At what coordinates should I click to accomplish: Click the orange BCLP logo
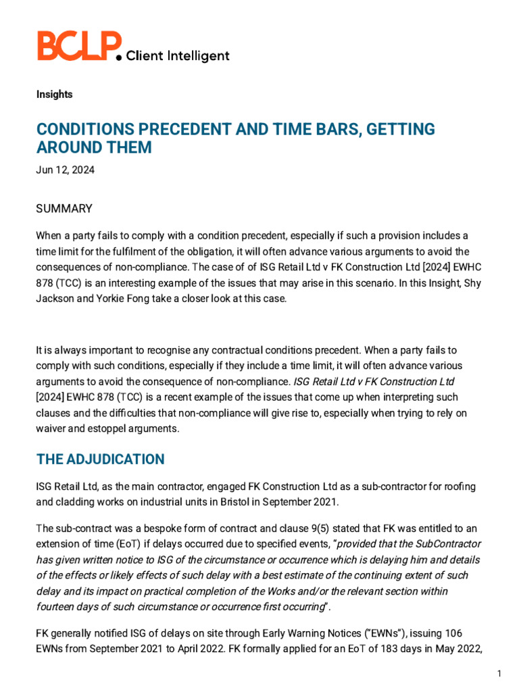(x=78, y=47)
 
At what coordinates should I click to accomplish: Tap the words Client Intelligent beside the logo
(x=178, y=56)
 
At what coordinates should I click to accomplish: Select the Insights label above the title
(x=54, y=95)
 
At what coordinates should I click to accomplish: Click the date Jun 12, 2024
(x=65, y=170)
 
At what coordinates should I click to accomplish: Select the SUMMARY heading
(x=64, y=209)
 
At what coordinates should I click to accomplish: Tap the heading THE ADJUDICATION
(x=100, y=460)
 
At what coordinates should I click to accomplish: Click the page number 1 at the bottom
(x=499, y=674)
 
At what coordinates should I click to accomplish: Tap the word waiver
(x=51, y=428)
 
